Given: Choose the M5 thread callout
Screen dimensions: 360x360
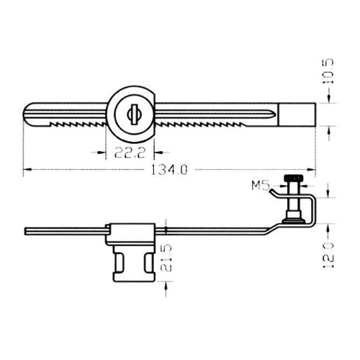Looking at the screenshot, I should pyautogui.click(x=260, y=186).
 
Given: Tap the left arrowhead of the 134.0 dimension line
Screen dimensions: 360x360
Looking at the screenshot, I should pyautogui.click(x=27, y=171).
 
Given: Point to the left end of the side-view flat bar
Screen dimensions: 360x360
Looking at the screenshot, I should pyautogui.click(x=26, y=232).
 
